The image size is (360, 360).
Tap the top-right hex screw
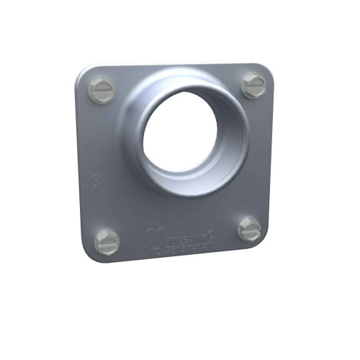coord(253,85)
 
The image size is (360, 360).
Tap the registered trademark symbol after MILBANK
coord(213,231)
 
